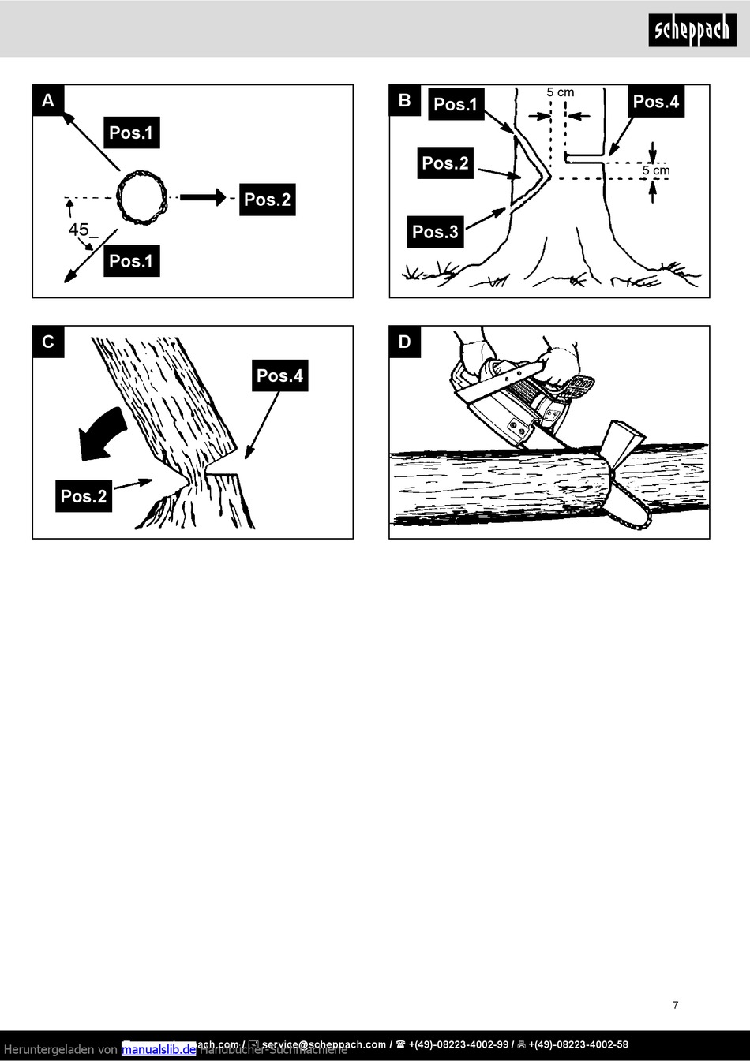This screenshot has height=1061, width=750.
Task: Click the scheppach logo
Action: pos(692,30)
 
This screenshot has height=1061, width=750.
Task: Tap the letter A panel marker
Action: pos(48,100)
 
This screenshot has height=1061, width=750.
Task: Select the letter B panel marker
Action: pos(405,100)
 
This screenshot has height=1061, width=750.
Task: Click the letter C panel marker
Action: pos(48,342)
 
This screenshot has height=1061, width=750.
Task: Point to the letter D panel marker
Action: pos(405,342)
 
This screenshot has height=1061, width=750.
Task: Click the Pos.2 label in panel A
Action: pos(267,200)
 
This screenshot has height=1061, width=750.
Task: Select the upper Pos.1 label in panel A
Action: pos(131,133)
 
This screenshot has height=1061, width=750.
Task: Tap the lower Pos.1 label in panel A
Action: pos(131,261)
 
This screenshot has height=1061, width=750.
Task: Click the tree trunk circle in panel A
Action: pos(143,197)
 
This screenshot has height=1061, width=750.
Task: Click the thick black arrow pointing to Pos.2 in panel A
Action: pos(203,197)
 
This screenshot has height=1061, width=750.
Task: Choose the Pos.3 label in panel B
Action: pos(435,232)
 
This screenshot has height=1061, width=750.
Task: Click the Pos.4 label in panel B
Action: pos(656,102)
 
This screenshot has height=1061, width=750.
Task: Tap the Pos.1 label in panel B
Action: pos(456,104)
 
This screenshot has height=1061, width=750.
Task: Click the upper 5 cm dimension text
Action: pos(561,92)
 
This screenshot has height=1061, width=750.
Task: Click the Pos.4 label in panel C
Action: pos(279,375)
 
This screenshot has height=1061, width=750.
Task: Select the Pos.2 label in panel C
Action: pos(84,496)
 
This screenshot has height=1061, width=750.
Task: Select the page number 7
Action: pos(676,1005)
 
